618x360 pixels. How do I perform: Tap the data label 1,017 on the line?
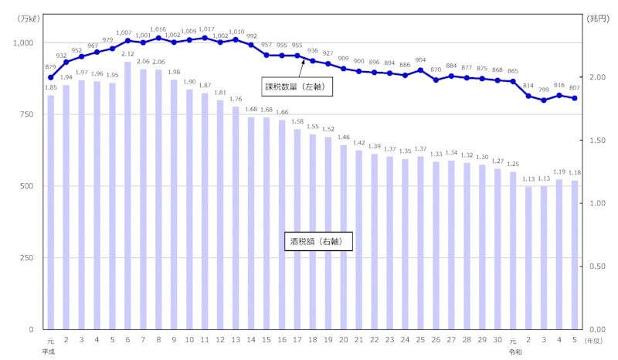click(x=204, y=30)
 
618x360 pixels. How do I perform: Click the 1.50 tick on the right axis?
click(x=596, y=141)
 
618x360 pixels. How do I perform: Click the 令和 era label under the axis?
click(x=513, y=351)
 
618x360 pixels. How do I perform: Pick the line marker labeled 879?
click(x=50, y=77)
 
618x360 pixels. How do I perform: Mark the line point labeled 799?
click(x=544, y=100)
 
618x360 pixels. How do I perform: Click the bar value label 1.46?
click(x=343, y=137)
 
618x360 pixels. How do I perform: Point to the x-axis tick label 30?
click(x=497, y=339)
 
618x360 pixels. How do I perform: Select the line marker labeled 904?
click(x=420, y=70)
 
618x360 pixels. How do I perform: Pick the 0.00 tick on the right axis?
click(x=596, y=329)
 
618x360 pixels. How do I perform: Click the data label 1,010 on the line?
click(x=235, y=32)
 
